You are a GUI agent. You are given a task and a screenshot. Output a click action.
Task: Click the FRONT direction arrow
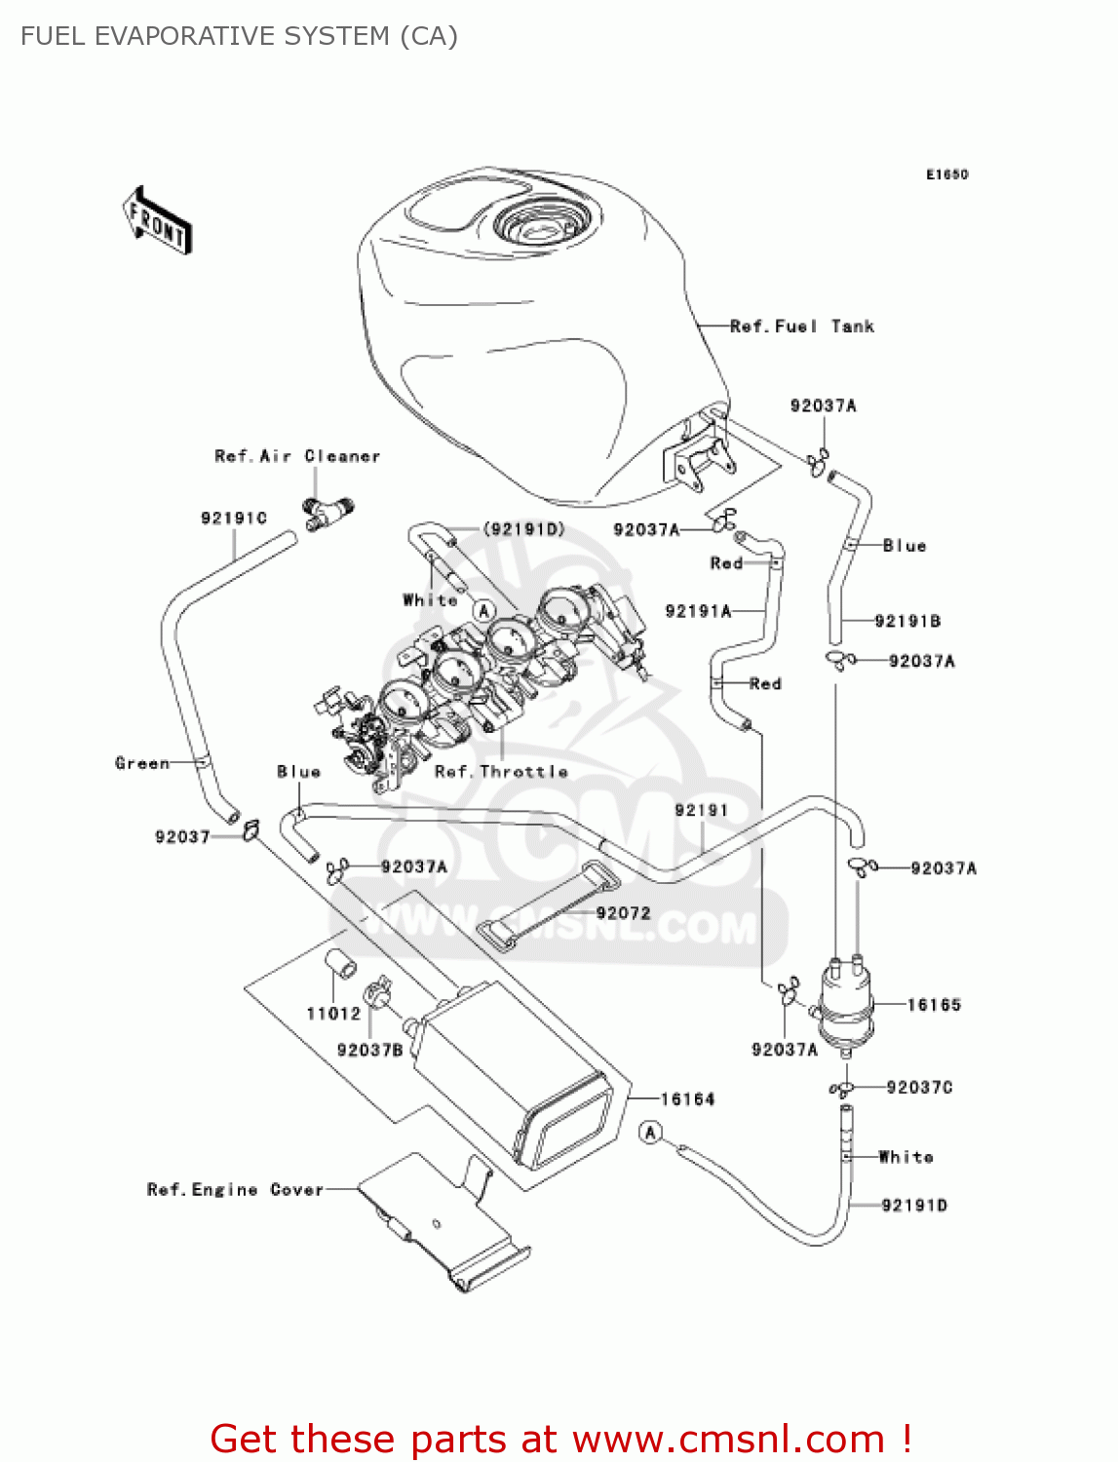157,221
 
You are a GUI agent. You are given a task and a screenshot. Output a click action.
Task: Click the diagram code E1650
946,174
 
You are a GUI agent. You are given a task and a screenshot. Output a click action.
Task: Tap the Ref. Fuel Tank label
801,327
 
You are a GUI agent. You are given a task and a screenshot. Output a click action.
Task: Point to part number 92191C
233,518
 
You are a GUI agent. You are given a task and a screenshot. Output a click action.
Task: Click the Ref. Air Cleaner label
296,456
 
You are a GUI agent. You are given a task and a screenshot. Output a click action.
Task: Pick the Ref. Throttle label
501,771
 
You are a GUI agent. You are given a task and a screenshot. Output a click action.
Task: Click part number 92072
623,913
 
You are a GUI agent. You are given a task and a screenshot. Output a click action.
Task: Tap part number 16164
687,1099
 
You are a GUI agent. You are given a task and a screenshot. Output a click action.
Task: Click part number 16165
934,1005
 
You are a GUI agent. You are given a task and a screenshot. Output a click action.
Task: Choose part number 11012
333,1014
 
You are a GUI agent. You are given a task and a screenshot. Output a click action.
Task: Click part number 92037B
369,1050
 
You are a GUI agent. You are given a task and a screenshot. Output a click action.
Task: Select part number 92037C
919,1087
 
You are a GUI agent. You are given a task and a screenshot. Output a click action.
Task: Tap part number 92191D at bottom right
913,1206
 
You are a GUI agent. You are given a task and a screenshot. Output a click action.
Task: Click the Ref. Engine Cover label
235,1189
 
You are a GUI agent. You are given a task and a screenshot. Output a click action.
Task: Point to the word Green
142,763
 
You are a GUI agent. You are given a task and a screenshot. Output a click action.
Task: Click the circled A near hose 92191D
651,1132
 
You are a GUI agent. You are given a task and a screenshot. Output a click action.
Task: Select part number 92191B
906,621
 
